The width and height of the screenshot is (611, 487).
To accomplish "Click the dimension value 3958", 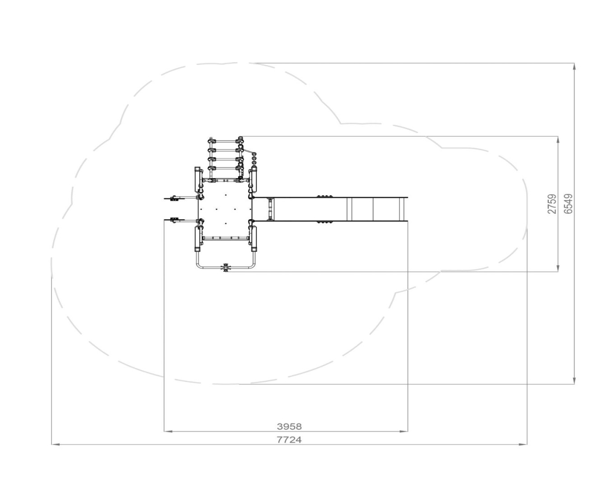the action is point(289,426).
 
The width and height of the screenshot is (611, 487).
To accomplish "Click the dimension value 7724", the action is point(289,440).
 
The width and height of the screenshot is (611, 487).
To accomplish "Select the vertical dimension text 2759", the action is point(552,204).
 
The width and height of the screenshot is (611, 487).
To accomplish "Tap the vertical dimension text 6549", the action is point(568,204).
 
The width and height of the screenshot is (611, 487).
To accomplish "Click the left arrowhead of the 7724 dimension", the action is point(56,445).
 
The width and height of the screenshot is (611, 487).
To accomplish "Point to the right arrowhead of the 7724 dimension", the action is point(523,445).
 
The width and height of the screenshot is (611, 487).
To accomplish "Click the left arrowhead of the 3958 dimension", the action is point(168,432).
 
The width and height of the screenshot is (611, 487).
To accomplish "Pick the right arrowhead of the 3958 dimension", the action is point(403,432).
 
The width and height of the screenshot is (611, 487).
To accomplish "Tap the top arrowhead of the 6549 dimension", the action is point(574,67).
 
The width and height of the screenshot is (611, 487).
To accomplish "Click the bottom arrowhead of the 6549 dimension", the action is point(574,380).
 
